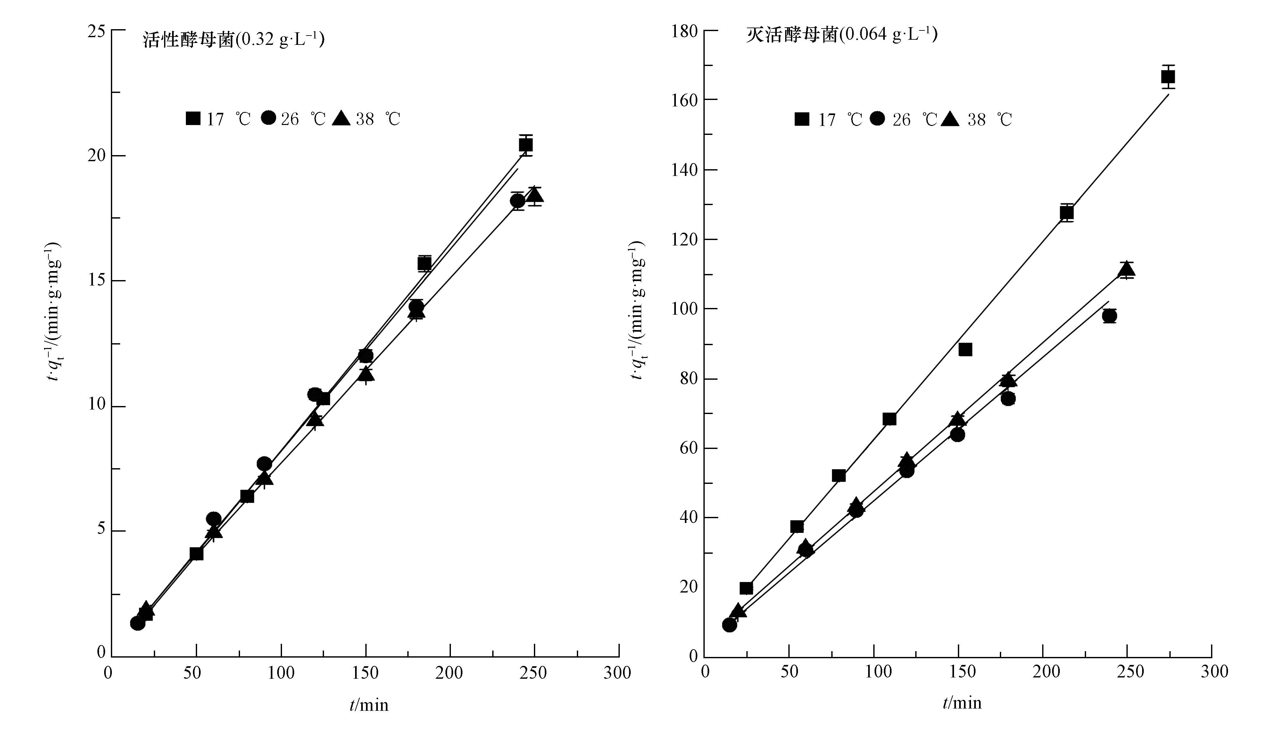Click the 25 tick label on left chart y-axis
[96, 31]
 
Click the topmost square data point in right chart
[1168, 77]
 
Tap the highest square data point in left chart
[526, 145]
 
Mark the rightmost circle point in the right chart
[1109, 316]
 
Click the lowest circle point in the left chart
[137, 623]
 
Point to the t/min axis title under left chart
[369, 705]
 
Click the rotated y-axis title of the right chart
[637, 311]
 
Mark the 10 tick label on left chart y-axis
[96, 405]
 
